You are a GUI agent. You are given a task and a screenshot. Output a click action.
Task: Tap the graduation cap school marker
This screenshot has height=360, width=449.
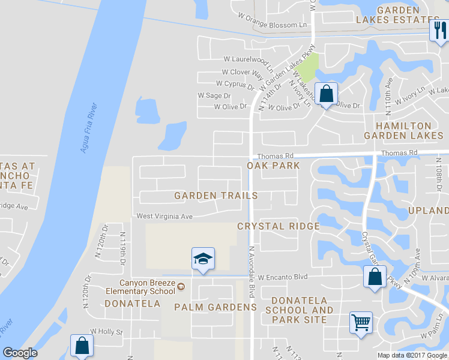[203, 259]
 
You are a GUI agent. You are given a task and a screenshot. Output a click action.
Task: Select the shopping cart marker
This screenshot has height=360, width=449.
[361, 323]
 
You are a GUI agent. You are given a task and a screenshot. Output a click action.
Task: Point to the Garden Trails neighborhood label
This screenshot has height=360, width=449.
[216, 196]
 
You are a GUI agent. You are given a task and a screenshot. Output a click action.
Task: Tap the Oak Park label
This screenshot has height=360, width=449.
[273, 165]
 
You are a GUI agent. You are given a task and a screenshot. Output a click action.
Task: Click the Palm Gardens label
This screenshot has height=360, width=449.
[215, 307]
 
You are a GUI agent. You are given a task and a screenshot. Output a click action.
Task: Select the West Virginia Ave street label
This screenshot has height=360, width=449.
[164, 216]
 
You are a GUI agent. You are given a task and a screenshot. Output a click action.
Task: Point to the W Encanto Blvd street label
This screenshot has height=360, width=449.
[283, 277]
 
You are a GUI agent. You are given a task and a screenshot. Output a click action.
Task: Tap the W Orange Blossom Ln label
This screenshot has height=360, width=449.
[272, 25]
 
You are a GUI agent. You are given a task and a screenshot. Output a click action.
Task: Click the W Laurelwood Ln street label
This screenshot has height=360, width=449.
[248, 60]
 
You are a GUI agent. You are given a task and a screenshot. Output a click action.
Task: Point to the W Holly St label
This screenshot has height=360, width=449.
[106, 331]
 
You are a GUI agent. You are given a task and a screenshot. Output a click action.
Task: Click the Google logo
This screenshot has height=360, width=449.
[20, 353]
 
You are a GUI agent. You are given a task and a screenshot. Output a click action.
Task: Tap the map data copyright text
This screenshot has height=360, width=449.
[412, 355]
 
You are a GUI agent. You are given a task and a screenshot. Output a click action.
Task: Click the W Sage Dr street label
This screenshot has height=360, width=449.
[214, 95]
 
